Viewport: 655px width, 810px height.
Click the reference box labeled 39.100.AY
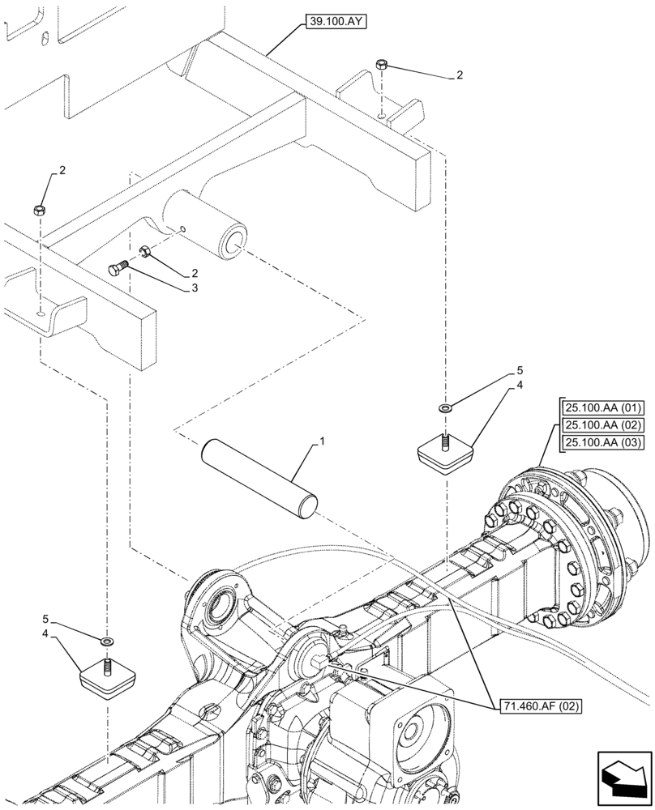(336, 22)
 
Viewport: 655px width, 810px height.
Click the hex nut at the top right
(381, 64)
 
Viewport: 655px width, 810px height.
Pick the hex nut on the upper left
(38, 211)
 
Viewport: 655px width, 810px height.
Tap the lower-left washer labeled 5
(106, 642)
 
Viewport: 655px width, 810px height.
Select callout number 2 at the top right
(460, 75)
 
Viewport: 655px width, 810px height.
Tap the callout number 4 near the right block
(520, 386)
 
